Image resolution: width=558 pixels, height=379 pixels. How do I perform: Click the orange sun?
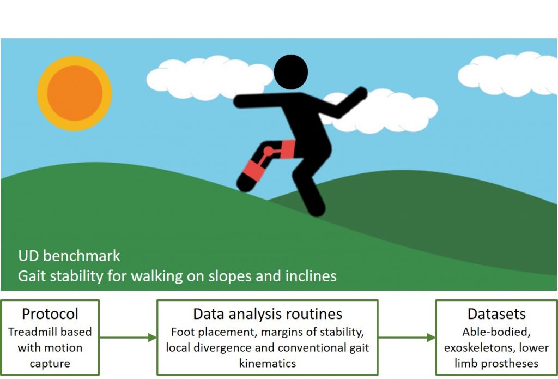(75, 93)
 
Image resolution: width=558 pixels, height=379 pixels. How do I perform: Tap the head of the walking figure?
(291, 72)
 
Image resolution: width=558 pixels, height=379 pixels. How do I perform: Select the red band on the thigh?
(288, 149)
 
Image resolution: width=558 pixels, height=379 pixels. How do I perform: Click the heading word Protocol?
(50, 314)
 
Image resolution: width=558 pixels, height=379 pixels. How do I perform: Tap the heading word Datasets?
(496, 314)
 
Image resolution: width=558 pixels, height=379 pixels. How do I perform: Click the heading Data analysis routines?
(268, 314)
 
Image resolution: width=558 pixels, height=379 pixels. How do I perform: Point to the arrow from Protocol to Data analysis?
(128, 338)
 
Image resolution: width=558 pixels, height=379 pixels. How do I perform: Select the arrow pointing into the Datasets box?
(407, 338)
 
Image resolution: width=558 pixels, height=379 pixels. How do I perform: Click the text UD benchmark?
(69, 256)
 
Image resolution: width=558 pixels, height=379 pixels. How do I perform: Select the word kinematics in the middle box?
(268, 363)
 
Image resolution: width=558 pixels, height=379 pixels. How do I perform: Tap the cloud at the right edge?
(508, 74)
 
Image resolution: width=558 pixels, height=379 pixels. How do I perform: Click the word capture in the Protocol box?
(50, 364)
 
